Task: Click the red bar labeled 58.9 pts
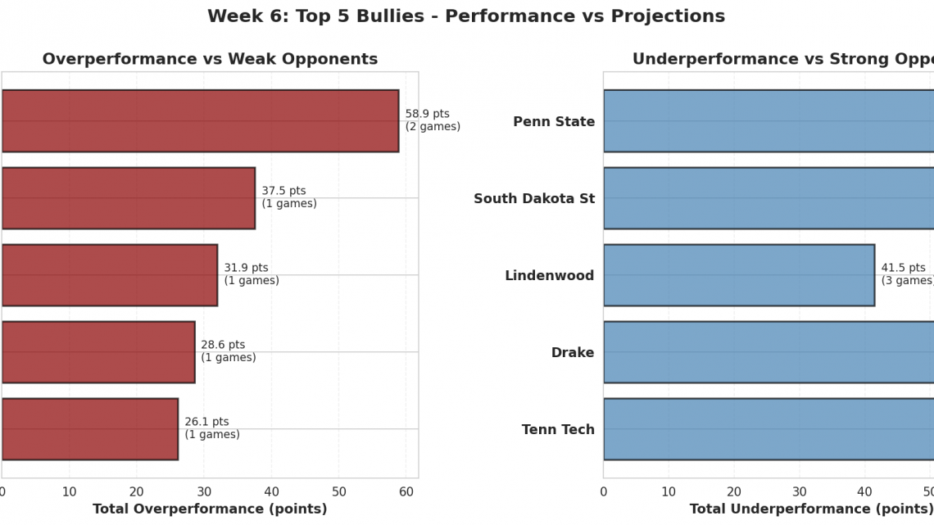(x=200, y=121)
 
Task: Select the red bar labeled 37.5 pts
(x=128, y=198)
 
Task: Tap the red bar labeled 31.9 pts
(x=109, y=275)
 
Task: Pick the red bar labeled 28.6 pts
(x=97, y=352)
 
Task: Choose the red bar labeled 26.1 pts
(x=89, y=429)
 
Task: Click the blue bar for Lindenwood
(x=738, y=275)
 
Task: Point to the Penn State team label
(x=554, y=122)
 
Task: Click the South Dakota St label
(x=534, y=199)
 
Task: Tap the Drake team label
(x=573, y=353)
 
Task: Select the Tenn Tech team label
(x=558, y=430)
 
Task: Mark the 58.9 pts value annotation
(x=433, y=120)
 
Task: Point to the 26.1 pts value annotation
(x=211, y=428)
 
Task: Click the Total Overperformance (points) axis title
(x=210, y=509)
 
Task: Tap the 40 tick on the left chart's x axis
(x=271, y=491)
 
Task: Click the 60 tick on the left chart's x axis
(x=406, y=491)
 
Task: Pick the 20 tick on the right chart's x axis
(x=734, y=491)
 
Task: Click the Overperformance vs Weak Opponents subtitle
(x=210, y=60)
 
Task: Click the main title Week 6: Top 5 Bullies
(x=466, y=16)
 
